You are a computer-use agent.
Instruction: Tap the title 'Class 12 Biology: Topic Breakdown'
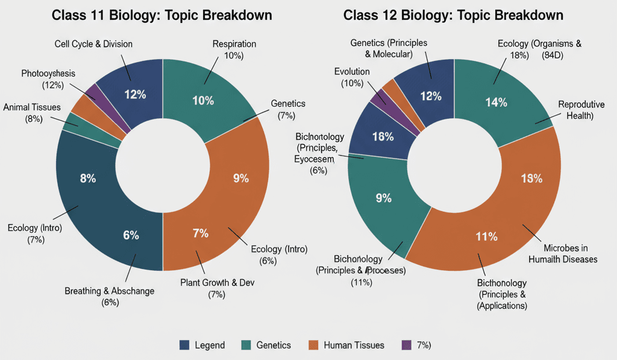pos(453,15)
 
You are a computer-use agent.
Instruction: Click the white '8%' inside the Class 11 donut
pos(87,178)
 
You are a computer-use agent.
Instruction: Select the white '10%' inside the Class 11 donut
pos(202,101)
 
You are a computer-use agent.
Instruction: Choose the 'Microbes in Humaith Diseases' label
pos(562,254)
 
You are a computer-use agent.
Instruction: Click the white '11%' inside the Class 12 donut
pos(486,236)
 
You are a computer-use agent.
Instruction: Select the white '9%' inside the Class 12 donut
pos(384,198)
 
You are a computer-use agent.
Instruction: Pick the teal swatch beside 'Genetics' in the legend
pos(245,345)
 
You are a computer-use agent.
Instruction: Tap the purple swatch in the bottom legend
pos(406,345)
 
